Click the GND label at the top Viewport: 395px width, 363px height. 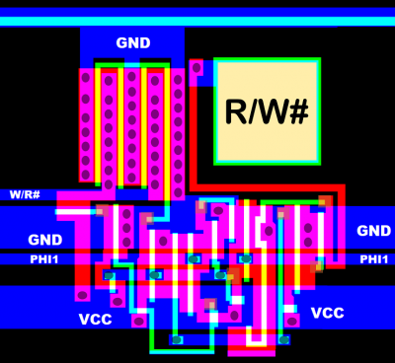[x=133, y=42]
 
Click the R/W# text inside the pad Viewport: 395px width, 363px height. [x=268, y=110]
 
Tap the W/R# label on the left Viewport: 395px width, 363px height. [x=25, y=193]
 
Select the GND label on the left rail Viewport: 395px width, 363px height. [x=44, y=240]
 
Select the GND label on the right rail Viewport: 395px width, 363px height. [x=373, y=231]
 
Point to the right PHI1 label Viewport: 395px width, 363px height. [x=374, y=259]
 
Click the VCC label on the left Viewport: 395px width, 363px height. [x=96, y=320]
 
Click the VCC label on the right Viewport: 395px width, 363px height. [x=328, y=313]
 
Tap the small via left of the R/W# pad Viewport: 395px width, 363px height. [x=197, y=68]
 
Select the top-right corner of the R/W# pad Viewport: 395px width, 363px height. [x=318, y=62]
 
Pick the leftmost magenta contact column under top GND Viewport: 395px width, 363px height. [x=86, y=128]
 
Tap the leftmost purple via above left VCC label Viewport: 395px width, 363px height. [x=82, y=293]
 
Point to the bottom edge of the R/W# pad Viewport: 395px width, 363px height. [x=268, y=162]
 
